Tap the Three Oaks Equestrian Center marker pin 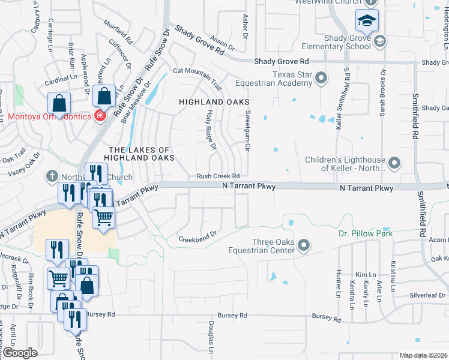coord(304,245)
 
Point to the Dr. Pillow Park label coord(365,233)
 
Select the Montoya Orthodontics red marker coord(100,116)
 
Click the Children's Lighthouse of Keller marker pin coord(394,163)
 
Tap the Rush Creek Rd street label coord(218,176)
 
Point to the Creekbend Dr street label coord(197,238)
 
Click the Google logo coord(20,353)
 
